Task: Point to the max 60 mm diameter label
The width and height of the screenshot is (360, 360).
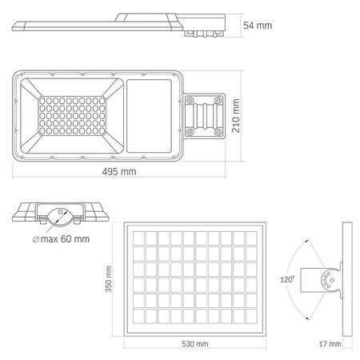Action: coord(65,238)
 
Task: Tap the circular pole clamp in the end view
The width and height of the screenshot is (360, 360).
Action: coord(60,214)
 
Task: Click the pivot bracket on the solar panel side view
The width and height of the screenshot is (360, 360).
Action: coord(328,281)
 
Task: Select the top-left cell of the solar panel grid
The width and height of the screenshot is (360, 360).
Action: coord(138,238)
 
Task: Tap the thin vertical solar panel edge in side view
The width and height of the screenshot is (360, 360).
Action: coord(345,281)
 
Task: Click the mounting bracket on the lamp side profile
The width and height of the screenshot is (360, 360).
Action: coord(205,32)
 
